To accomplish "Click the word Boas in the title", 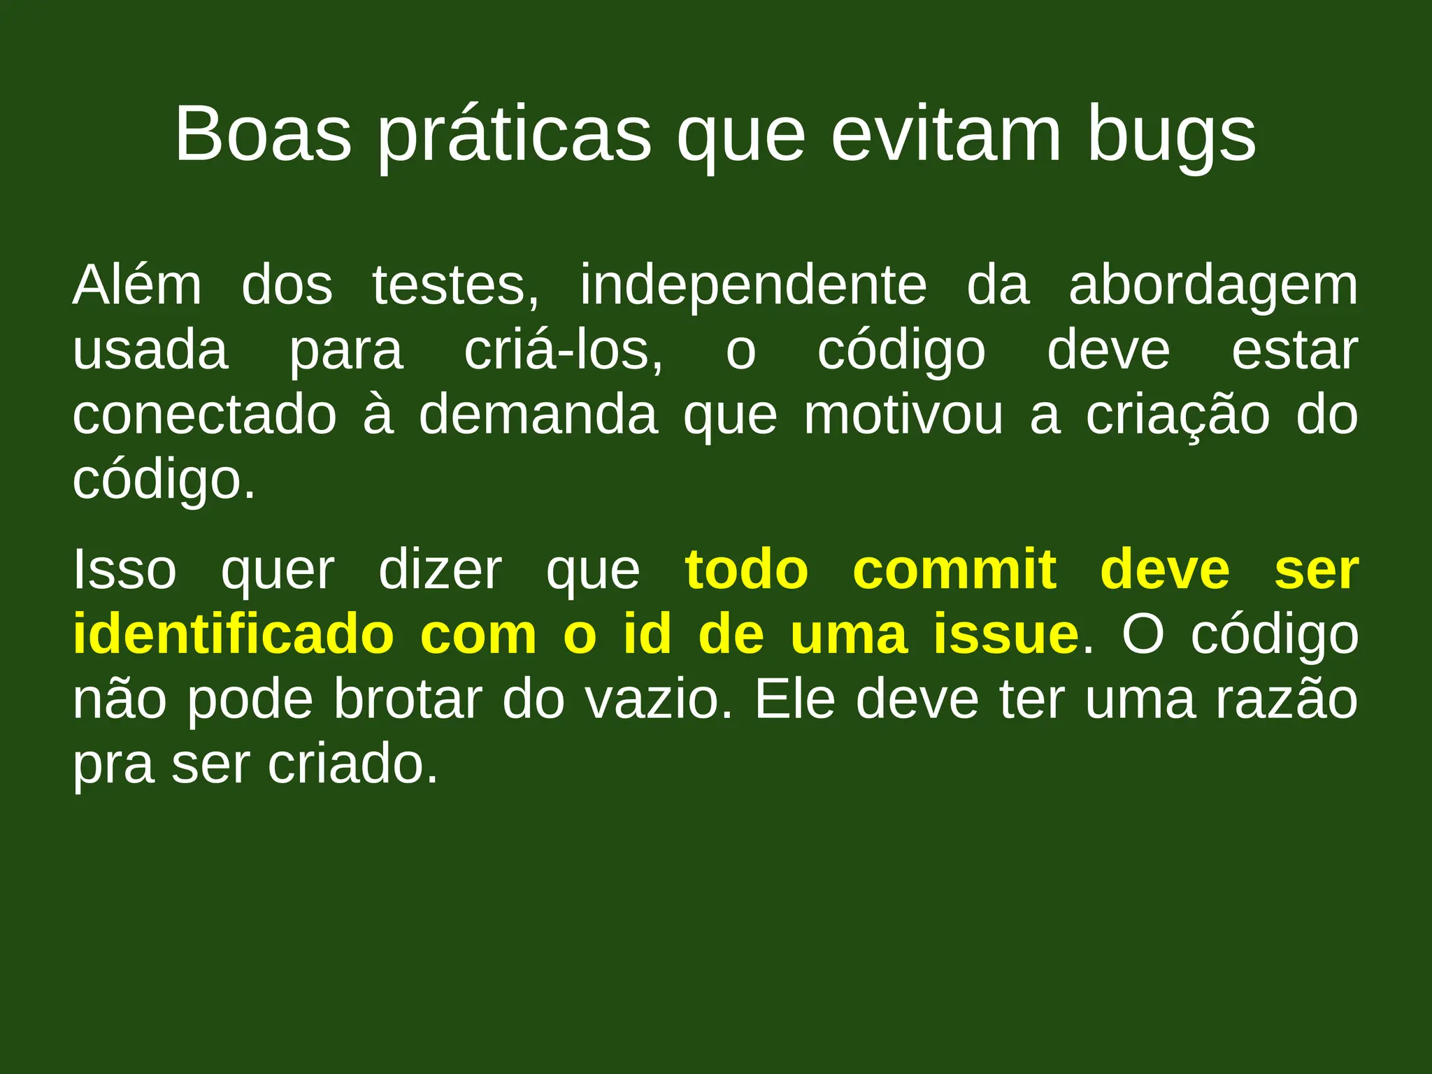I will [263, 134].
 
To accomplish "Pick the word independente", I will [753, 287].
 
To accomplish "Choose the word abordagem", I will [1213, 287].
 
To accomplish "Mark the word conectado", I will [205, 415].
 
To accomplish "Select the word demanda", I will [538, 415].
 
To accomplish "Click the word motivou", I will [903, 415].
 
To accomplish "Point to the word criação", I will [1177, 415].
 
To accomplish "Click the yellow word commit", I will [954, 570].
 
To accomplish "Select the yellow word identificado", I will [234, 634].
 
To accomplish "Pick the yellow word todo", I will [747, 570].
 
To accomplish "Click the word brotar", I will [408, 699].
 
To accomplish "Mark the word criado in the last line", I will [353, 764].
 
